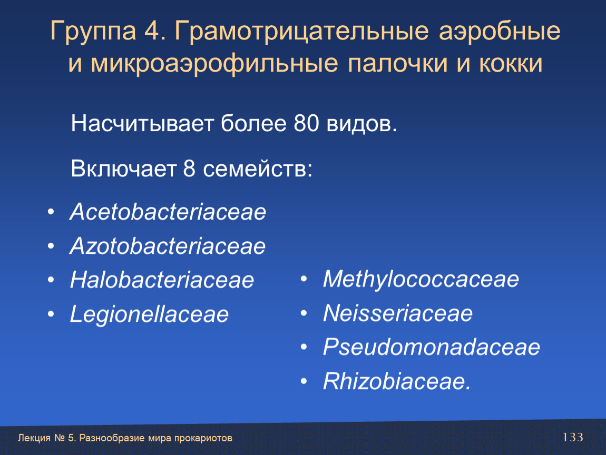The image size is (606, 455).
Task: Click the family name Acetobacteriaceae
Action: (168, 212)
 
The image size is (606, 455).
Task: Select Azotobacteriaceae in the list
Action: (168, 245)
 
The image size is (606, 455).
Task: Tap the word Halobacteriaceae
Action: (162, 280)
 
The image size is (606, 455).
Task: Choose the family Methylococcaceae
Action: (421, 280)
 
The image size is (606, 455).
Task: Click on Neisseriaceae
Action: (398, 313)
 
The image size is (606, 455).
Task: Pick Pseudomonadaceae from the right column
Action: (431, 347)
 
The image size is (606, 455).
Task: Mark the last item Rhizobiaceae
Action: (396, 381)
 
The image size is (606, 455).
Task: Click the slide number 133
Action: (572, 437)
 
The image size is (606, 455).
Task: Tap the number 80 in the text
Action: (307, 124)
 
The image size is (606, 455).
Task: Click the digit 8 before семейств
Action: (189, 169)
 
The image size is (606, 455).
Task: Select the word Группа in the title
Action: (93, 32)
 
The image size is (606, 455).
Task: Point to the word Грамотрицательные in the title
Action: (301, 32)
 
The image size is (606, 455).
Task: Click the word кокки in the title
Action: (511, 63)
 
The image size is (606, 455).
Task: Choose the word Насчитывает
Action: (142, 124)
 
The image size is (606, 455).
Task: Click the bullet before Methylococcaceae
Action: (304, 279)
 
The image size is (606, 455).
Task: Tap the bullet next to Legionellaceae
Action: (51, 314)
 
